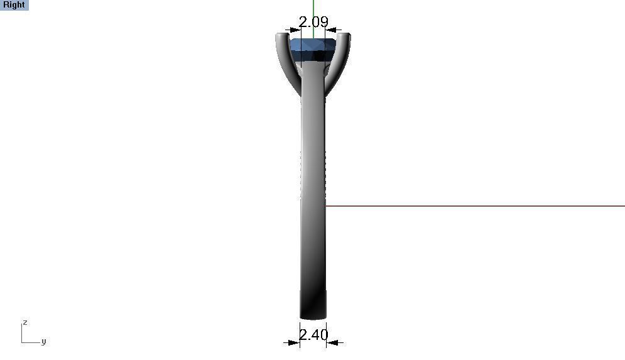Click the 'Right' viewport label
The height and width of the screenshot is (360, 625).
(14, 5)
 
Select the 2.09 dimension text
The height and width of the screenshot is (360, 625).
(313, 22)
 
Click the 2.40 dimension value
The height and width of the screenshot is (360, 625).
(313, 335)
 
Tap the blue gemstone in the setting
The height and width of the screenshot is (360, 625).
(313, 46)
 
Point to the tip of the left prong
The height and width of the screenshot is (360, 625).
(280, 36)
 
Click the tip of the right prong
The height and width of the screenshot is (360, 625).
(345, 36)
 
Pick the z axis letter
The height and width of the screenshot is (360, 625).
(25, 322)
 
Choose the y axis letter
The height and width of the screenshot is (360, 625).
(43, 341)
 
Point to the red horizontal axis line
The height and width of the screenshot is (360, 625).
(471, 205)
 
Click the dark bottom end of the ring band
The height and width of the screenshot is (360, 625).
(313, 312)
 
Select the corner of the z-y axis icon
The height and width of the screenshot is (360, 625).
(22, 342)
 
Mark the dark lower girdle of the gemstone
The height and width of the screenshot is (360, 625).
(313, 57)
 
